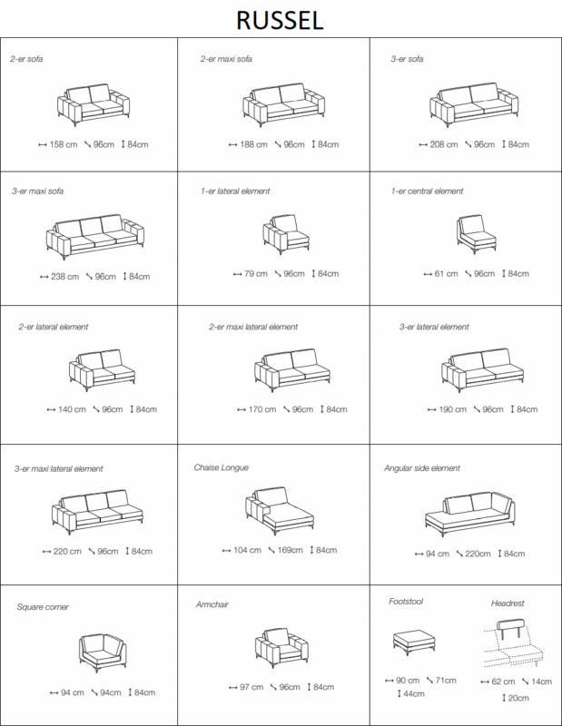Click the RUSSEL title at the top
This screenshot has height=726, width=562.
coord(280,21)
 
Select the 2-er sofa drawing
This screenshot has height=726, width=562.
coord(94,104)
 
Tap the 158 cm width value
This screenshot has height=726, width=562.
coord(63,144)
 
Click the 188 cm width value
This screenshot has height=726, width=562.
coord(253,144)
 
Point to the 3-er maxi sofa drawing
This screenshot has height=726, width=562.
coord(95,237)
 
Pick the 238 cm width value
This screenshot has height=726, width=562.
coord(64,277)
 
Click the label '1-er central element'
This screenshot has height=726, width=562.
coord(427,191)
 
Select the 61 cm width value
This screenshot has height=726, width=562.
coord(446,274)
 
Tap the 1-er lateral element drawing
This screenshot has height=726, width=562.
coord(286,234)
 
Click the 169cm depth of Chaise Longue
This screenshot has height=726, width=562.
coord(290,550)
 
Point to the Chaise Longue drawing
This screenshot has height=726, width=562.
coord(280,511)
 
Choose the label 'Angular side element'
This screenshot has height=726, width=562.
coord(422,468)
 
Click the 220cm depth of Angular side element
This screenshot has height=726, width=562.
coord(478,554)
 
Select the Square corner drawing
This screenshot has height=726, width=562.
coord(103,652)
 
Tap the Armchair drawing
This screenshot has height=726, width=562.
coord(281,647)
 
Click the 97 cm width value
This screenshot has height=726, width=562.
coord(251,687)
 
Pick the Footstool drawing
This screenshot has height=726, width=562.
coord(414,643)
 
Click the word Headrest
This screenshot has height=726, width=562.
coord(508,603)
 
